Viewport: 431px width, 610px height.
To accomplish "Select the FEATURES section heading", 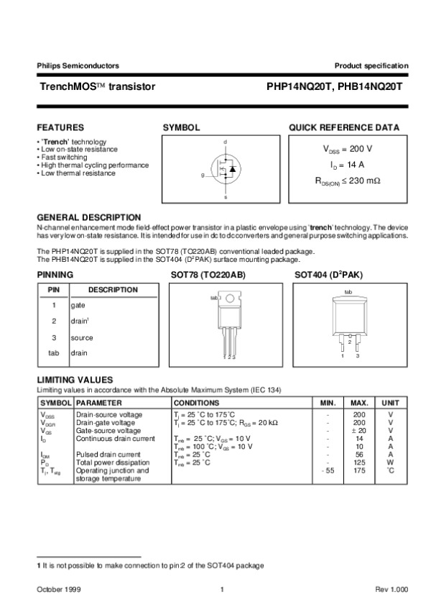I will point(60,127).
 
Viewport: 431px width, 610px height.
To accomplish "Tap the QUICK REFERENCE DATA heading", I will point(344,127).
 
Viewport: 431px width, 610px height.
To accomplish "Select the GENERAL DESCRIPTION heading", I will point(88,217).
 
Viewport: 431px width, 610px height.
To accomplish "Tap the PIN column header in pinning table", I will point(53,290).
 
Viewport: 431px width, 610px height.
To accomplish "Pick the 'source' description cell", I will point(81,337).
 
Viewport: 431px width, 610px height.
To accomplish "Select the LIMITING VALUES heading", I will point(75,379).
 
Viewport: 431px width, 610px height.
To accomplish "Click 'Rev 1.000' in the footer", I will point(392,590).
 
